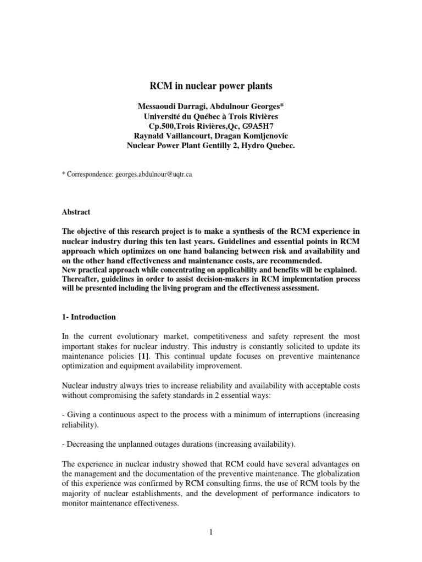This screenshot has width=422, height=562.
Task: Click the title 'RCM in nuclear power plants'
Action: click(211, 86)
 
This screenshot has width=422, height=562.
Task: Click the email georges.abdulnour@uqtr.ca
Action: click(153, 174)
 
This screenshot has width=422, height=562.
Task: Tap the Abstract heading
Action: click(76, 212)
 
